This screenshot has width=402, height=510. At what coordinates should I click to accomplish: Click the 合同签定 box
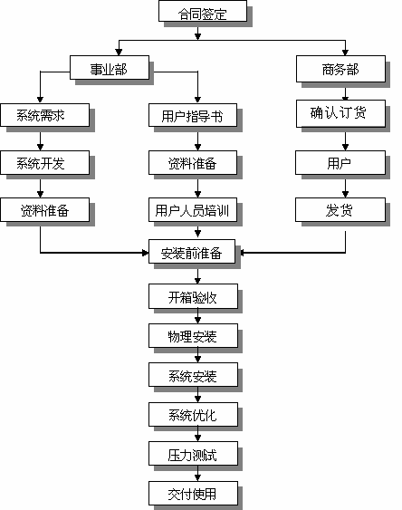click(203, 11)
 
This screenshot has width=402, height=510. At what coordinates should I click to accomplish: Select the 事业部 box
click(110, 67)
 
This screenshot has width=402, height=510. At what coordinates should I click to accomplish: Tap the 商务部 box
click(340, 69)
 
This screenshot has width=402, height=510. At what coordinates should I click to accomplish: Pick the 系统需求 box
click(45, 115)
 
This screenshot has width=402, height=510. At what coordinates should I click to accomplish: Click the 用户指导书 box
click(193, 115)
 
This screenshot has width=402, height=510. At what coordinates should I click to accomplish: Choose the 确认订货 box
click(340, 113)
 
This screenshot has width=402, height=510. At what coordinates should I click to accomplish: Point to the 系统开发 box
click(45, 163)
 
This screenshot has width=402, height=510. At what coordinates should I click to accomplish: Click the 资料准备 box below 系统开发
click(45, 210)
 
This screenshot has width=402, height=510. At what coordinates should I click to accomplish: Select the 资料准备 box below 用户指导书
click(193, 163)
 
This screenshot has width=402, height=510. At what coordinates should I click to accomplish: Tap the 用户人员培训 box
click(193, 210)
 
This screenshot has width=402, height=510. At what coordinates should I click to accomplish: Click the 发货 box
click(340, 210)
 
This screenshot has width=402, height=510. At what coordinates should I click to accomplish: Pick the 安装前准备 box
click(192, 252)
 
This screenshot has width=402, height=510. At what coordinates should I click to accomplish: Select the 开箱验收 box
click(193, 296)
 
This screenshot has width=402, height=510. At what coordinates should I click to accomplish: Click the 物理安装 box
click(193, 336)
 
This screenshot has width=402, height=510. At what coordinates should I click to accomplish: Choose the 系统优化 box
click(193, 414)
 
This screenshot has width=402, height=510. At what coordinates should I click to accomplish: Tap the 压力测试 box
click(193, 454)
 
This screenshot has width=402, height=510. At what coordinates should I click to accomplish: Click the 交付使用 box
click(193, 493)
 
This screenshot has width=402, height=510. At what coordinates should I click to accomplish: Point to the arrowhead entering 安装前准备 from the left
click(145, 253)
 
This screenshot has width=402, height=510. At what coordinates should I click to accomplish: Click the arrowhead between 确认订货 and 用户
click(345, 147)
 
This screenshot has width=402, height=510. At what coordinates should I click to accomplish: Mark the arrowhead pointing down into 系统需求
click(41, 100)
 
